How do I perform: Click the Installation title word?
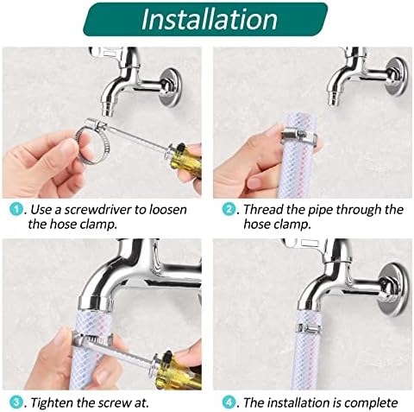coord(210,19)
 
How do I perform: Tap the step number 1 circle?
coord(16,209)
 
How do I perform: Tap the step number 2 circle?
coord(229,209)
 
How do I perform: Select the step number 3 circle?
coord(16,402)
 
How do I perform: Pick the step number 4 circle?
coord(229,402)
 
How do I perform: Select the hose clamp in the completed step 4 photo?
coord(310,327)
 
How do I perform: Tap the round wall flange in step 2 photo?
coord(398,76)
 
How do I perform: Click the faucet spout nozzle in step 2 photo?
coord(334,100)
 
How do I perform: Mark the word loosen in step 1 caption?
coord(168,209)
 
